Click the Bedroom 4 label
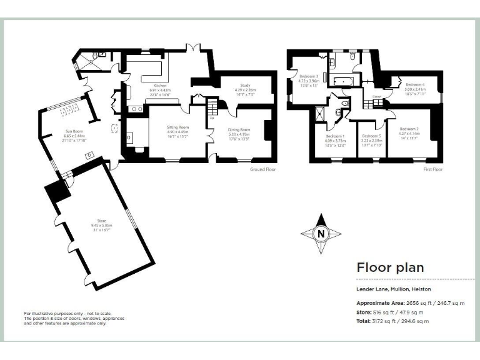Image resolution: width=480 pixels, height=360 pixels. (x=415, y=84)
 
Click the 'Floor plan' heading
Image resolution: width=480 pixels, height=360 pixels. (x=390, y=267)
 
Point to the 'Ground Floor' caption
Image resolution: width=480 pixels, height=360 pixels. (x=263, y=169)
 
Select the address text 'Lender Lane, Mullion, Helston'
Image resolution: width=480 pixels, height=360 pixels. (x=393, y=289)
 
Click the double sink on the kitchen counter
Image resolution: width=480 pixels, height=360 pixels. (x=136, y=109)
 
